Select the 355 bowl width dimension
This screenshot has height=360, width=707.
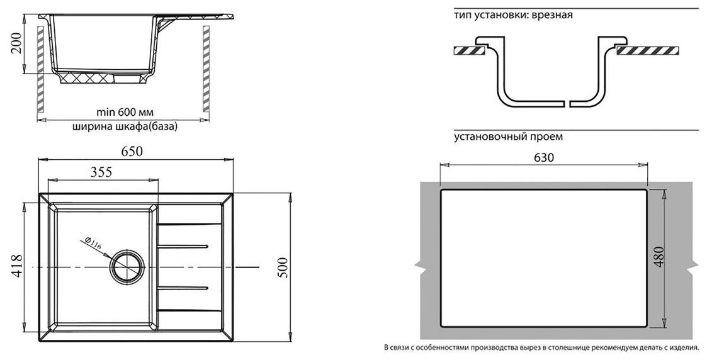pyautogui.click(x=101, y=171)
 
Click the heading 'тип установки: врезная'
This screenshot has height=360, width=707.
pyautogui.click(x=512, y=15)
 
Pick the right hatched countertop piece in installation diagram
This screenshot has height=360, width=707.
pyautogui.click(x=648, y=50)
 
